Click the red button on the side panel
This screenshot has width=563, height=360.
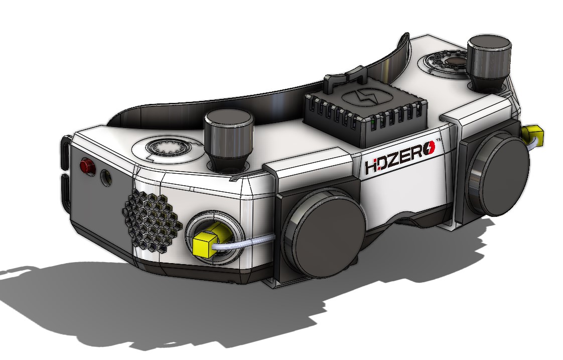click(x=87, y=166)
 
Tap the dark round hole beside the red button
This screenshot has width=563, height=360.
click(x=105, y=177)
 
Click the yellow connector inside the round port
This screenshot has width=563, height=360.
click(x=208, y=240)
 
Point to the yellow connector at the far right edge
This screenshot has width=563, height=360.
click(x=533, y=135)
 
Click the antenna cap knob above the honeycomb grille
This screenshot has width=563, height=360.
click(x=229, y=140)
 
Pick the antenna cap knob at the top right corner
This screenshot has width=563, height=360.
click(x=489, y=62)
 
